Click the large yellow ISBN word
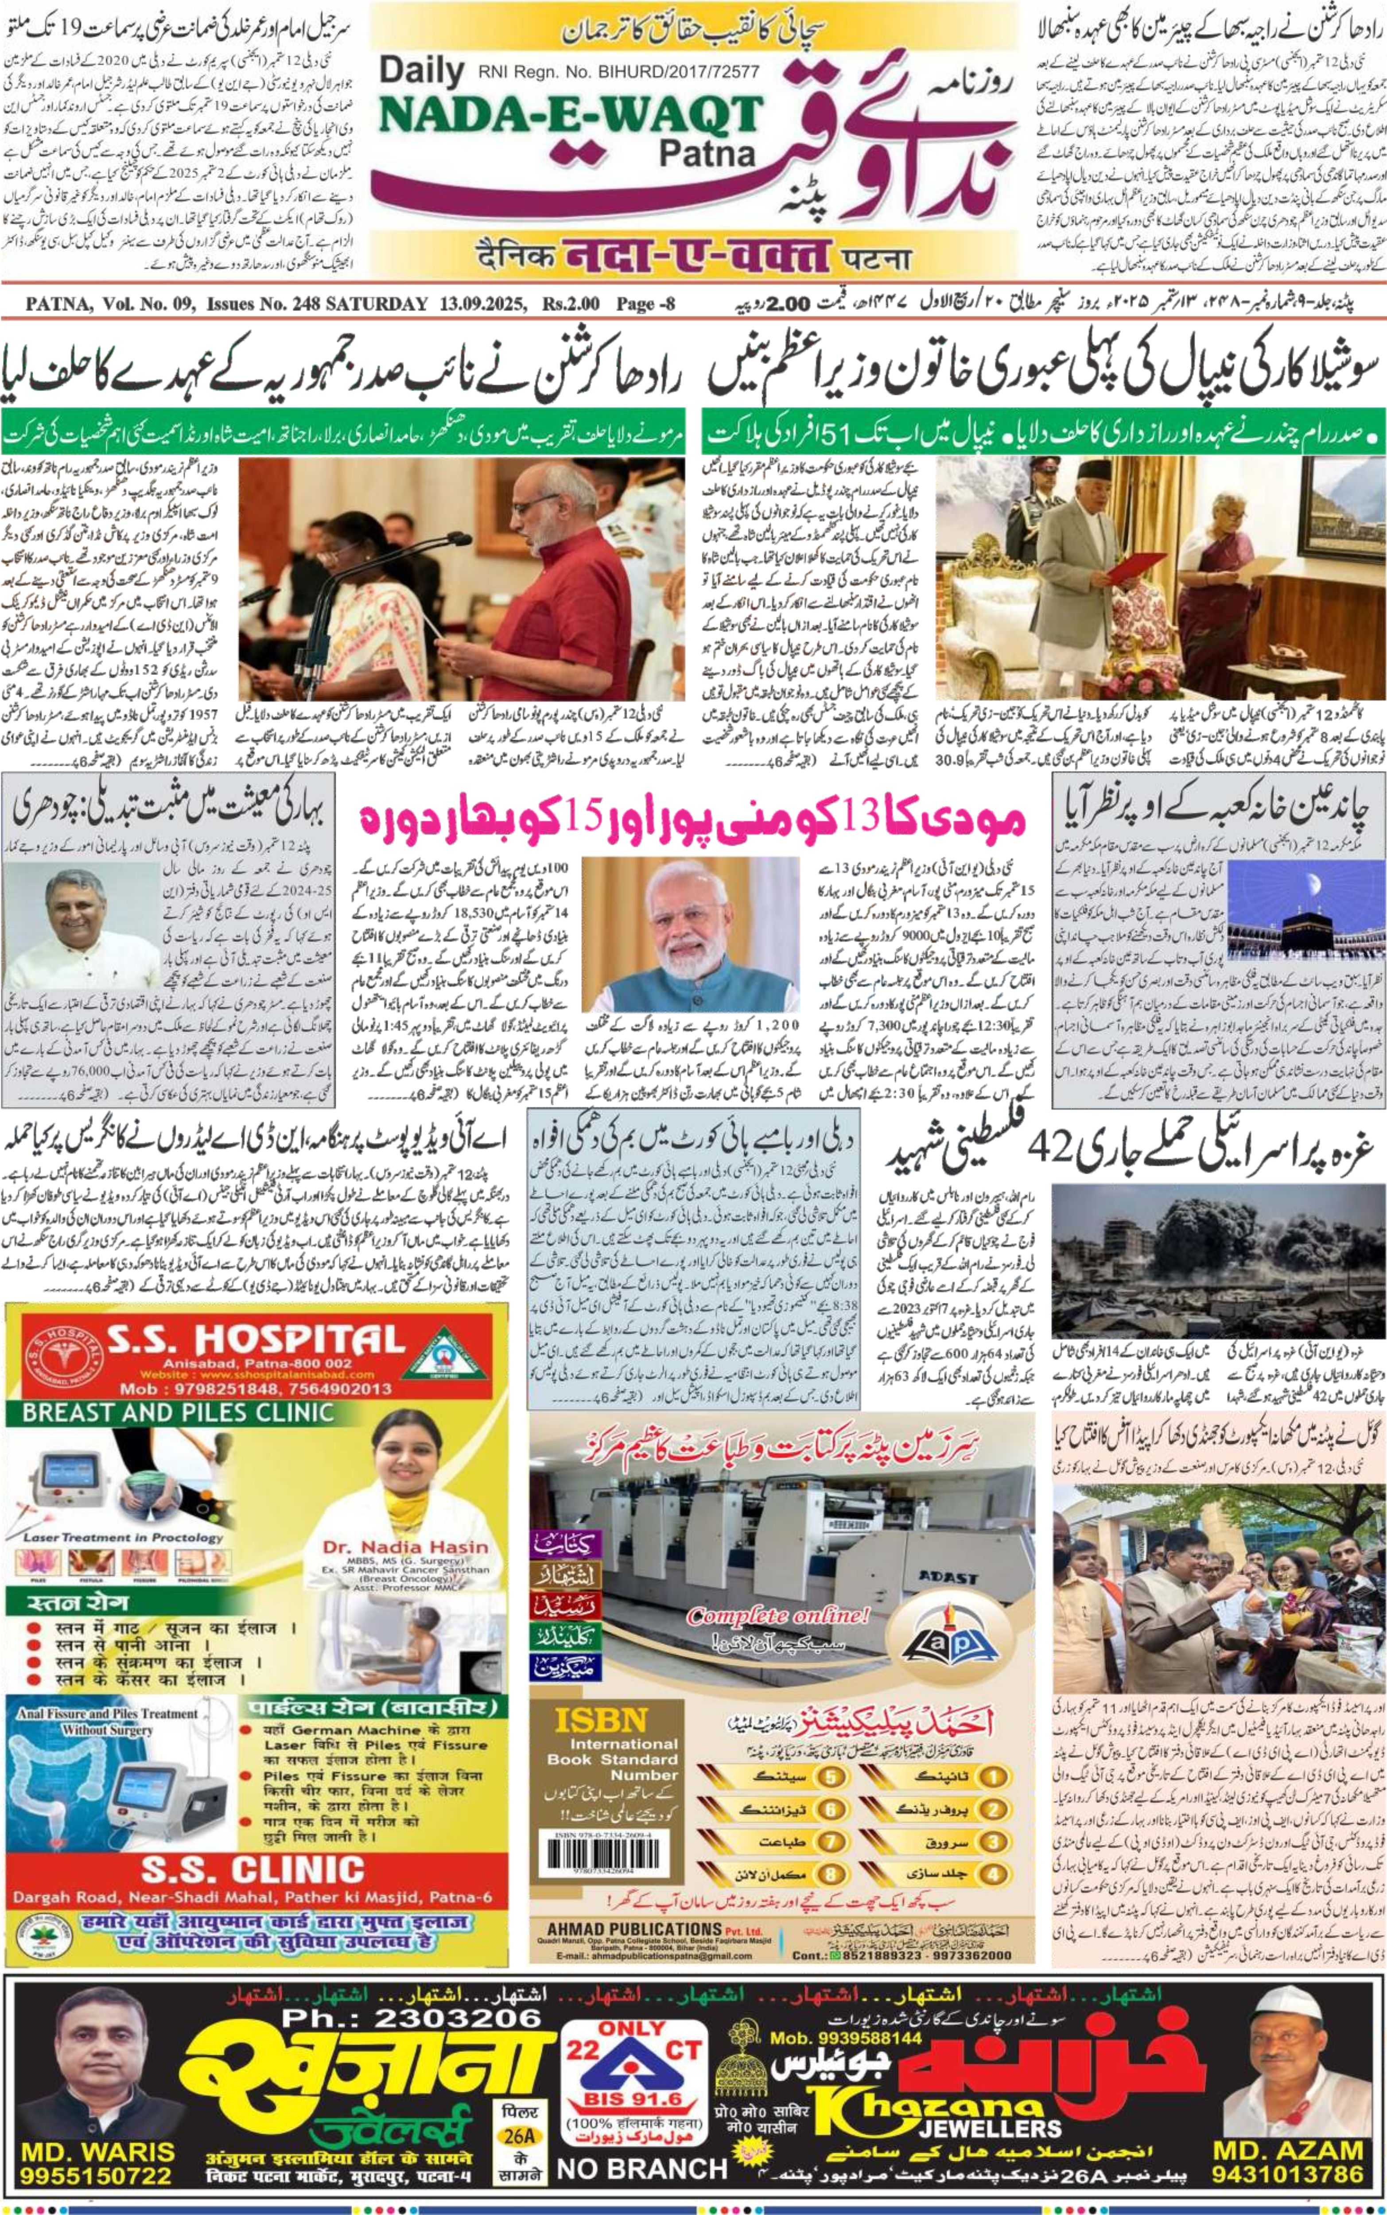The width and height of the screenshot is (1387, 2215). tap(601, 1720)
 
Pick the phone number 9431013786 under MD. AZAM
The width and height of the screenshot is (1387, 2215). tap(1287, 2174)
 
